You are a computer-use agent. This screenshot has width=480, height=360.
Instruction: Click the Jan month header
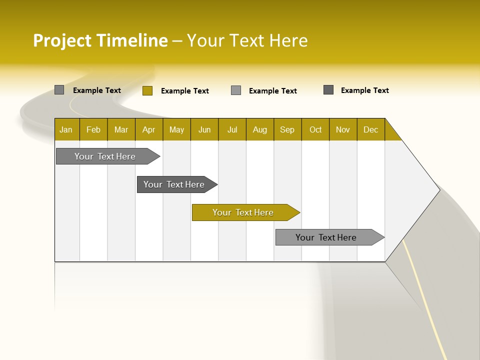click(x=66, y=129)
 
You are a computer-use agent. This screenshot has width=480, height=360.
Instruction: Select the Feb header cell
click(x=93, y=129)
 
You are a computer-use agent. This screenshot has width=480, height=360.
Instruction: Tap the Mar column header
click(x=121, y=129)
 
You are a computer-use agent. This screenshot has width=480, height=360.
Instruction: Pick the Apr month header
click(x=149, y=129)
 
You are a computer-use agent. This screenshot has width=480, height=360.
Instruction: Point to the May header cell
click(x=176, y=129)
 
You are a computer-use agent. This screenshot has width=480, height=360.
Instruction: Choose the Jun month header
click(x=204, y=129)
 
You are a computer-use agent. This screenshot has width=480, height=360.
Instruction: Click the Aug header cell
click(x=260, y=129)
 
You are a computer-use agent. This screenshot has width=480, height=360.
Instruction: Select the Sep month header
click(x=287, y=129)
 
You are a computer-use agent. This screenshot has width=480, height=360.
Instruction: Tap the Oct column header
click(x=315, y=129)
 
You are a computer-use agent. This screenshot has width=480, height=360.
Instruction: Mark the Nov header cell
click(x=343, y=129)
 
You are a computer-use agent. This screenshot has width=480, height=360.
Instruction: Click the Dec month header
click(x=371, y=129)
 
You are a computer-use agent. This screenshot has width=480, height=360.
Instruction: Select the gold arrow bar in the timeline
click(x=245, y=212)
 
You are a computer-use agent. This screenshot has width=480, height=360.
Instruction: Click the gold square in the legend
click(x=147, y=90)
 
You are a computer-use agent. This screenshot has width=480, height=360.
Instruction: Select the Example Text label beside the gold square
click(x=185, y=91)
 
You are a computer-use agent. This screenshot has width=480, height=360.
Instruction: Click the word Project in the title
click(x=62, y=40)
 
